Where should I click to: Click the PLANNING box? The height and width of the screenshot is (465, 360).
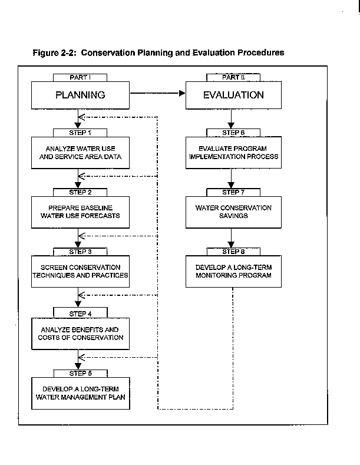click(80, 95)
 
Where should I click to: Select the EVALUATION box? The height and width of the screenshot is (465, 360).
click(233, 95)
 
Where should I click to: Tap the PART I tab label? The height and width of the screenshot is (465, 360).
click(80, 77)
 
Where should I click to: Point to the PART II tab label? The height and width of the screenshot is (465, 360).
click(233, 77)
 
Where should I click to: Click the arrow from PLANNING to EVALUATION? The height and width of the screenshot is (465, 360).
click(158, 94)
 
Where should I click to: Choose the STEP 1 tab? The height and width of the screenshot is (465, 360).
click(80, 133)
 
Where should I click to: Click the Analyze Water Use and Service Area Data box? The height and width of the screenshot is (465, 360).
click(80, 153)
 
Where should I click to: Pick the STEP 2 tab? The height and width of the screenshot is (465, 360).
click(80, 192)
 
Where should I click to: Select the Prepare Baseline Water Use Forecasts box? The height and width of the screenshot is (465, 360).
click(80, 212)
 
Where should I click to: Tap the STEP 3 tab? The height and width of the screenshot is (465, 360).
click(80, 252)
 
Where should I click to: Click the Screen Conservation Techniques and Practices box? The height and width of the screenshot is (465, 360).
click(80, 271)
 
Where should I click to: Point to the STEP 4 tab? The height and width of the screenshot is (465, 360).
click(80, 314)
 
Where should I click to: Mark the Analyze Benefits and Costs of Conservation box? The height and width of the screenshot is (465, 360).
click(80, 334)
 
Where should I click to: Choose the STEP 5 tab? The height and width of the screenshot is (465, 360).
click(80, 374)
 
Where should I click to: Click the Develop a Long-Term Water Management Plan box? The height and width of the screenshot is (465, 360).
click(81, 393)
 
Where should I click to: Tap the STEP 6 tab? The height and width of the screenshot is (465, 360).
click(233, 133)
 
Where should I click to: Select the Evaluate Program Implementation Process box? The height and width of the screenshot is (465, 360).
click(233, 153)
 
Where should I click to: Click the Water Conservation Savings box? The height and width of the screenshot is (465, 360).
click(233, 212)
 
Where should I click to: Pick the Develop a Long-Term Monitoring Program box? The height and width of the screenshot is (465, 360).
click(233, 271)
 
